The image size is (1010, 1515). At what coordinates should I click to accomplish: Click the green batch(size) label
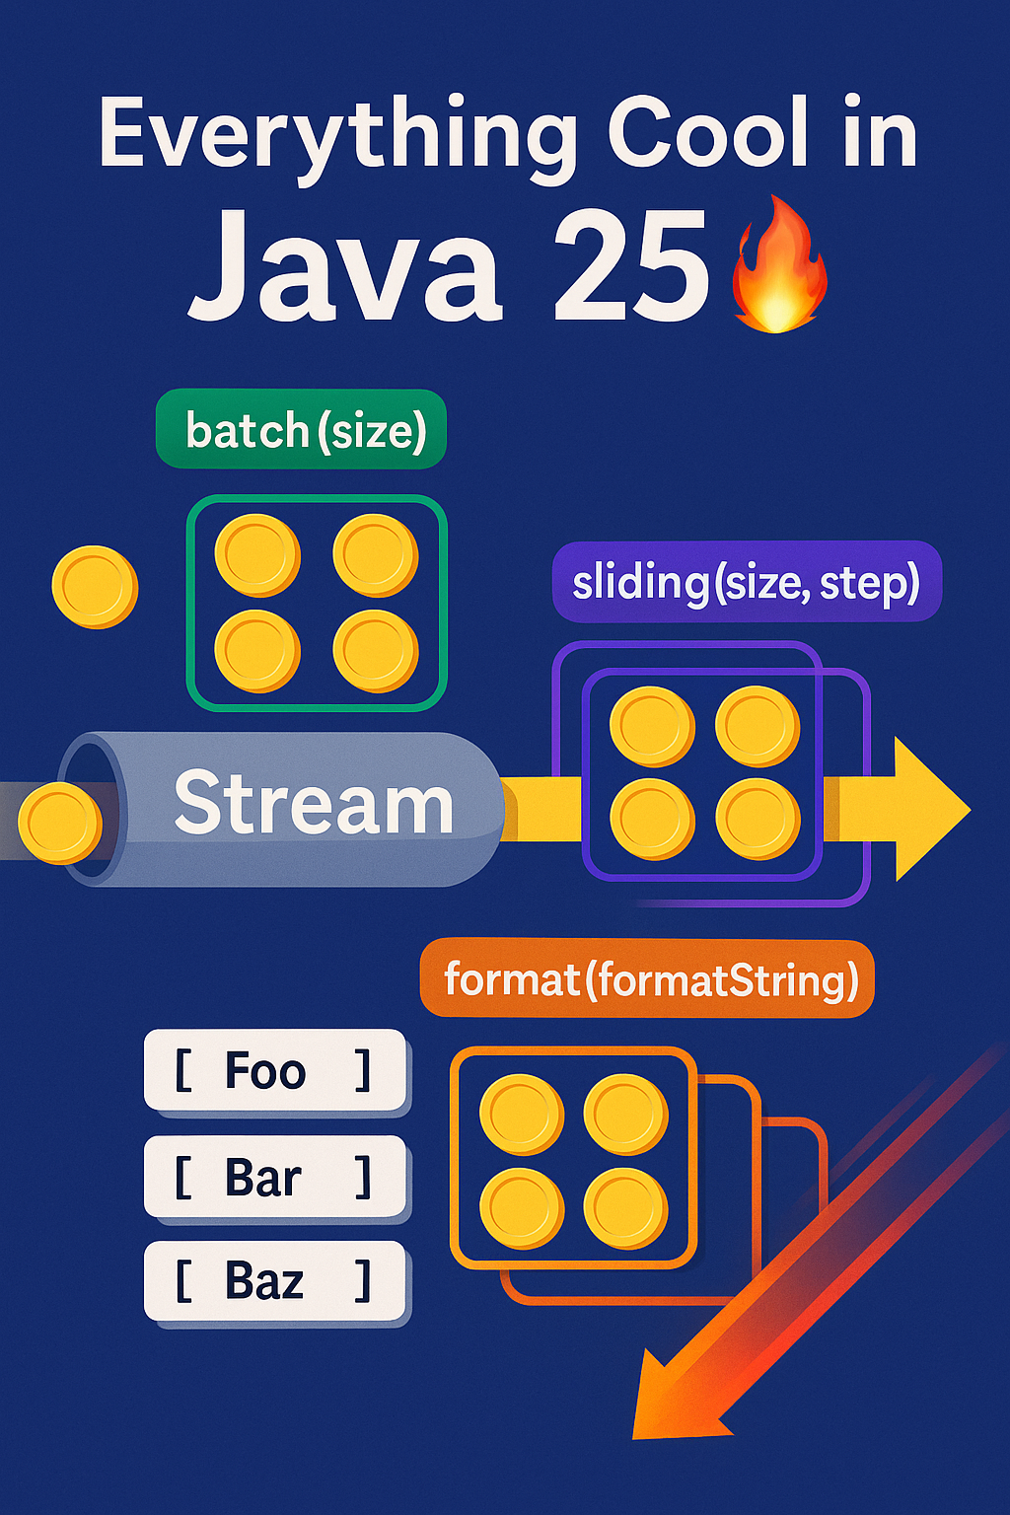pyautogui.click(x=302, y=430)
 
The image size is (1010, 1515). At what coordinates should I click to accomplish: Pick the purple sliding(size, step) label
pyautogui.click(x=747, y=582)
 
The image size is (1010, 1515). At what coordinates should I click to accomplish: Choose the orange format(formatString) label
pyautogui.click(x=648, y=979)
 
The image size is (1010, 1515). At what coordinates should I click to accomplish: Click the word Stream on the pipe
pyautogui.click(x=313, y=804)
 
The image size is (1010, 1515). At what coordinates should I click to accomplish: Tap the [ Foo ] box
pyautogui.click(x=275, y=1070)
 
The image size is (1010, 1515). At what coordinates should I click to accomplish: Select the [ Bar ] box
pyautogui.click(x=275, y=1177)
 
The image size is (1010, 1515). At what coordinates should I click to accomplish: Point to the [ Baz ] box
pyautogui.click(x=275, y=1280)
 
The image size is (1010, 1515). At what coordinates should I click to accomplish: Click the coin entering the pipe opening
pyautogui.click(x=59, y=823)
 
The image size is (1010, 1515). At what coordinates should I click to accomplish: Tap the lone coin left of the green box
pyautogui.click(x=95, y=587)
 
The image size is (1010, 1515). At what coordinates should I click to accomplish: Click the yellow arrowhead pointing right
pyautogui.click(x=928, y=809)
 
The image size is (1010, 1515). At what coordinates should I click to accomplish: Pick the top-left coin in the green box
pyautogui.click(x=257, y=555)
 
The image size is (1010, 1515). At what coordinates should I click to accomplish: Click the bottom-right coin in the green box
pyautogui.click(x=376, y=651)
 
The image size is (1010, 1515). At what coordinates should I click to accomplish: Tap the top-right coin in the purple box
pyautogui.click(x=757, y=727)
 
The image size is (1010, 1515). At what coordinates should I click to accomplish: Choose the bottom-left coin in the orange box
pyautogui.click(x=522, y=1208)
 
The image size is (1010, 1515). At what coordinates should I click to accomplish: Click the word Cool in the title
pyautogui.click(x=708, y=132)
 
